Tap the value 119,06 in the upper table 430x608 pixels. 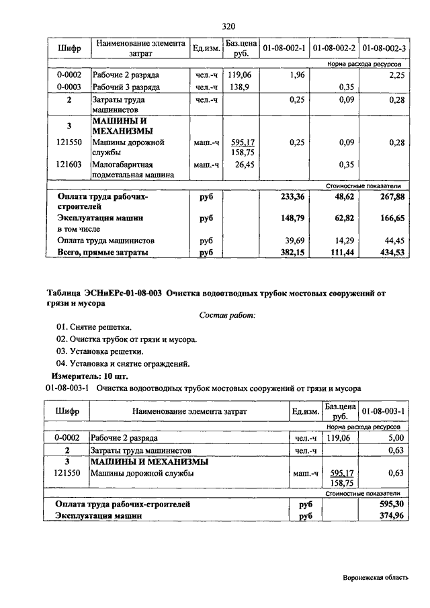pos(239,75)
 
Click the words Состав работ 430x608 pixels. pos(228,314)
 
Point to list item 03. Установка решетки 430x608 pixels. pos(100,351)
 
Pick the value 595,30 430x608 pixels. pos(391,503)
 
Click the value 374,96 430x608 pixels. pos(391,515)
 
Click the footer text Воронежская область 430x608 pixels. pos(380,576)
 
